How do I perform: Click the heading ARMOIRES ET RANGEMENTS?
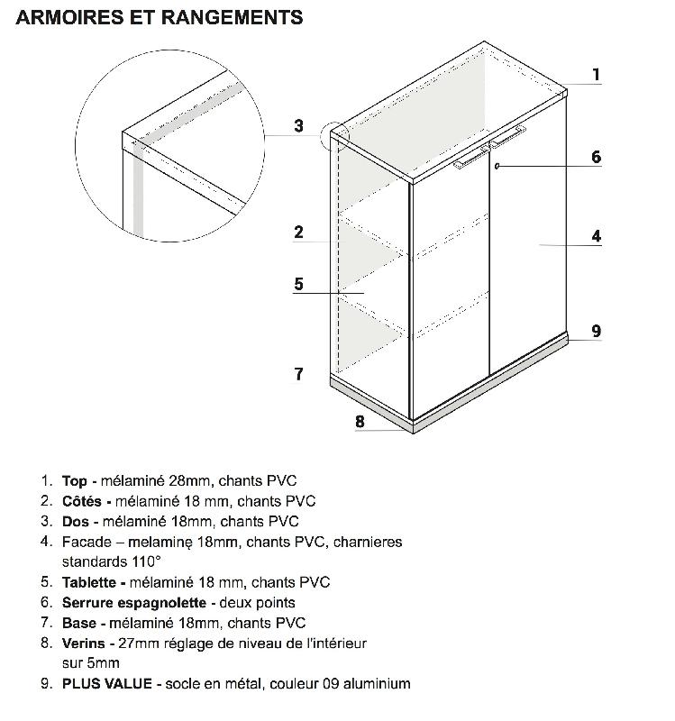pos(160,17)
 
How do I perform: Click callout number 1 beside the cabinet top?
pos(596,75)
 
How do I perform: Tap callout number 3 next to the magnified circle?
pos(298,126)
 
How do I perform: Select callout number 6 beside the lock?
pos(596,157)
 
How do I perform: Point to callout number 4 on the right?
pos(596,236)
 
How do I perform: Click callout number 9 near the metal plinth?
pos(596,331)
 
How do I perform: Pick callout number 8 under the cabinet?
pos(360,421)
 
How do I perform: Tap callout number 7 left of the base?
pos(298,373)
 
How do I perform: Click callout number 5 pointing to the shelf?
pos(298,284)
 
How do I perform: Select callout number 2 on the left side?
pos(298,233)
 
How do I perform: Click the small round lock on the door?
pos(497,167)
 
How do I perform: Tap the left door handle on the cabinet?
pos(471,159)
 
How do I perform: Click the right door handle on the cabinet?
pos(508,137)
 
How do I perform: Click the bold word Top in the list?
pos(74,481)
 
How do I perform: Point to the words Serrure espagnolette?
pos(132,602)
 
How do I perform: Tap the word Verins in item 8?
pos(83,643)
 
